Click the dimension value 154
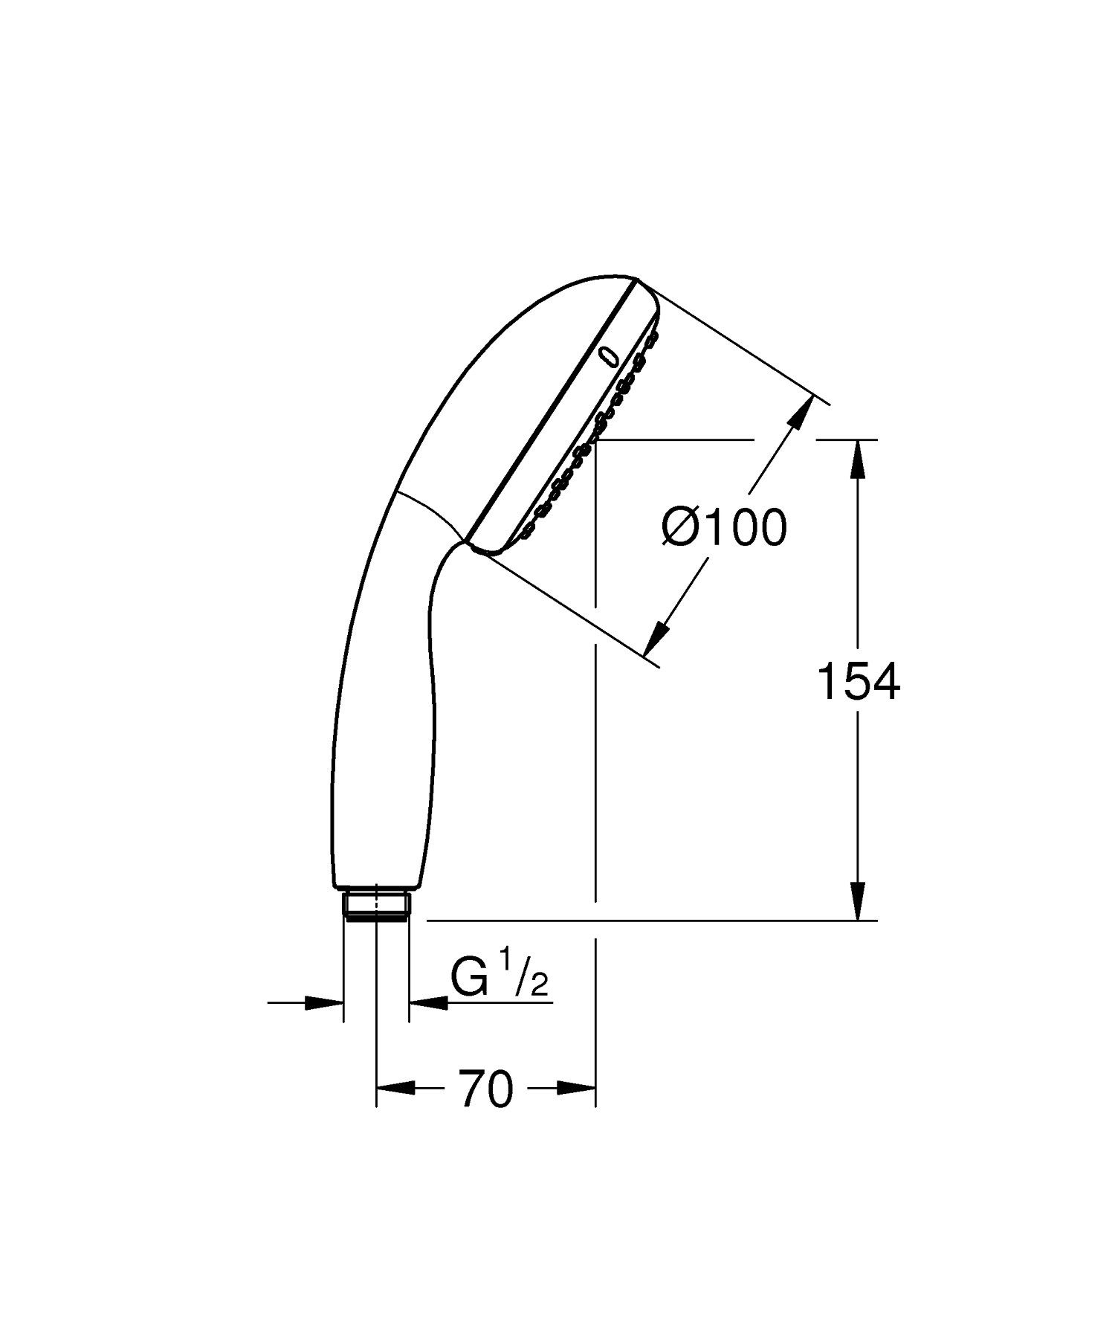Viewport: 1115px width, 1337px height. (x=858, y=682)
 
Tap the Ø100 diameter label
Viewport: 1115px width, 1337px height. (x=723, y=528)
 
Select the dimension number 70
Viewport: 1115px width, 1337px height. (x=485, y=1089)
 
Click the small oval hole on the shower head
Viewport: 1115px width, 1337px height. (x=608, y=356)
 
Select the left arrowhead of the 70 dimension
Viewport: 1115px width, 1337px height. (x=394, y=1089)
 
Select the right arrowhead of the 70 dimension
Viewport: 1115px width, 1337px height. (x=578, y=1089)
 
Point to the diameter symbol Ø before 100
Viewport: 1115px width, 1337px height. (x=679, y=528)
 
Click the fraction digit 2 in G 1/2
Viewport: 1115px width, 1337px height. (x=540, y=987)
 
